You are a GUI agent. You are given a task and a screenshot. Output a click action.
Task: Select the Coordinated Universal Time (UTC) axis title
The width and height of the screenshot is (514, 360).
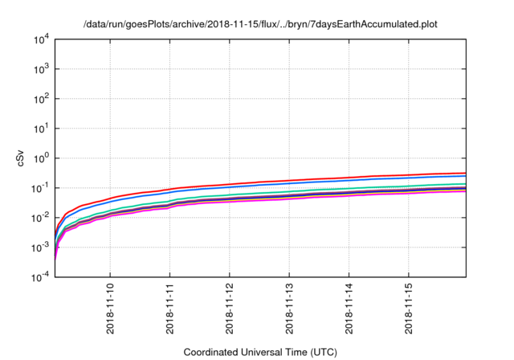click(259, 352)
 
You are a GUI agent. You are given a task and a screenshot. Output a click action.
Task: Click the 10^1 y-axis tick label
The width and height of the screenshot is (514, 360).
click(41, 129)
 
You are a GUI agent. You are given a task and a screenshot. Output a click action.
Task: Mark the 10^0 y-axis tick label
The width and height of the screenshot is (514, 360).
click(41, 158)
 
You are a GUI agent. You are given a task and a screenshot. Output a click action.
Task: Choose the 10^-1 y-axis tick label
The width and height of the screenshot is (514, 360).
click(40, 188)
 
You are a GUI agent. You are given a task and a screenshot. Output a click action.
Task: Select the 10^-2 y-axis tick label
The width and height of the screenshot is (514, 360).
click(40, 218)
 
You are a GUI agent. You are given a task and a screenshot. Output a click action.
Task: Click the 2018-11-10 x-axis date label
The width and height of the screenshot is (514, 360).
click(110, 309)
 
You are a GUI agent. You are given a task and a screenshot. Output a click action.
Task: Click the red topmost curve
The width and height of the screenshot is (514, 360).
click(321, 178)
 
